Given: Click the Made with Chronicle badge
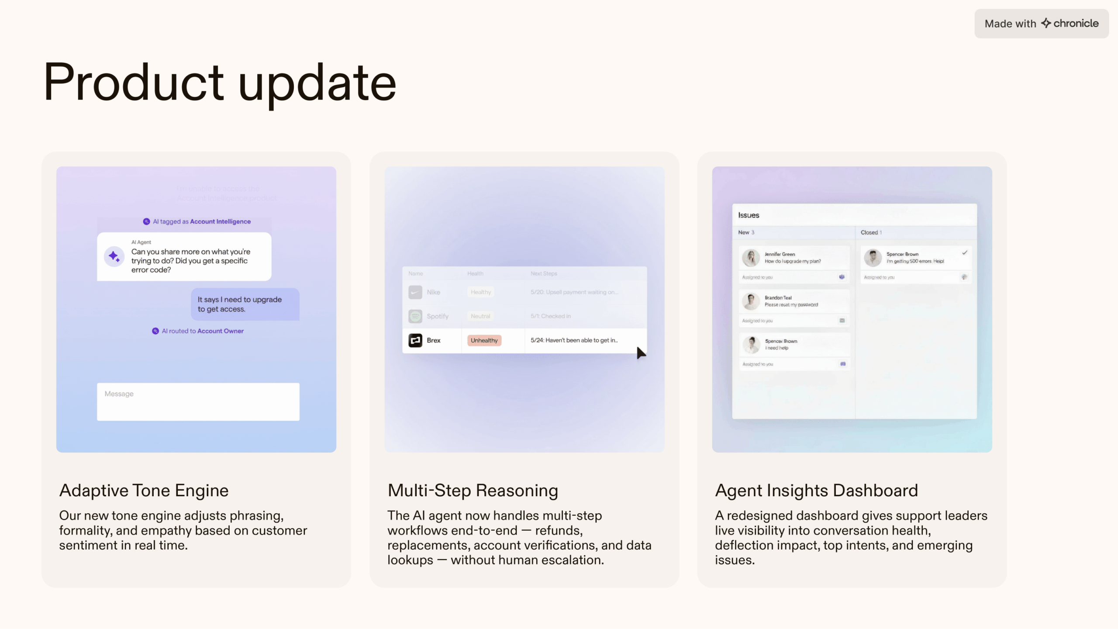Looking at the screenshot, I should point(1041,24).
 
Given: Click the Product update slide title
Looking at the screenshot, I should point(220,83).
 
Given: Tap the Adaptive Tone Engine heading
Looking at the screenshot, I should point(144,491).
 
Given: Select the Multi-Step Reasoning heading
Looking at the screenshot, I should point(473,491).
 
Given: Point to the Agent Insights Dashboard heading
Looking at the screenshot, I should point(816,491).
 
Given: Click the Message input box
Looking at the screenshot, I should point(198,401).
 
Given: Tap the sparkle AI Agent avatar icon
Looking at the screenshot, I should point(114,256).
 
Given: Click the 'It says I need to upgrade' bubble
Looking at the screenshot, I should point(245,304).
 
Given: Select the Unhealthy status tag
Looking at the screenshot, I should point(484,340).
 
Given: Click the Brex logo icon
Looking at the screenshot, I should point(415,340).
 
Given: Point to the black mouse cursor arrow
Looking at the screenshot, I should point(640,353).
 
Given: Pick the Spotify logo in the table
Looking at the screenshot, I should point(415,316).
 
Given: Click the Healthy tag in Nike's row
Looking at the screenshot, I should point(480,292).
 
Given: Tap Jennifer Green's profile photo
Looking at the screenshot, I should point(751,258).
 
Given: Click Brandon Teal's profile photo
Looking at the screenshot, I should point(751,301).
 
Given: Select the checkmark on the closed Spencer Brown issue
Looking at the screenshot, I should point(965,252).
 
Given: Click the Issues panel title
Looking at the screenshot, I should point(749,215).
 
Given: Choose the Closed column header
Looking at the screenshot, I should point(869,232).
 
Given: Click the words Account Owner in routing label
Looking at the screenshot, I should point(220,331).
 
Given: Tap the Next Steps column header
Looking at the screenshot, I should point(544,273).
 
